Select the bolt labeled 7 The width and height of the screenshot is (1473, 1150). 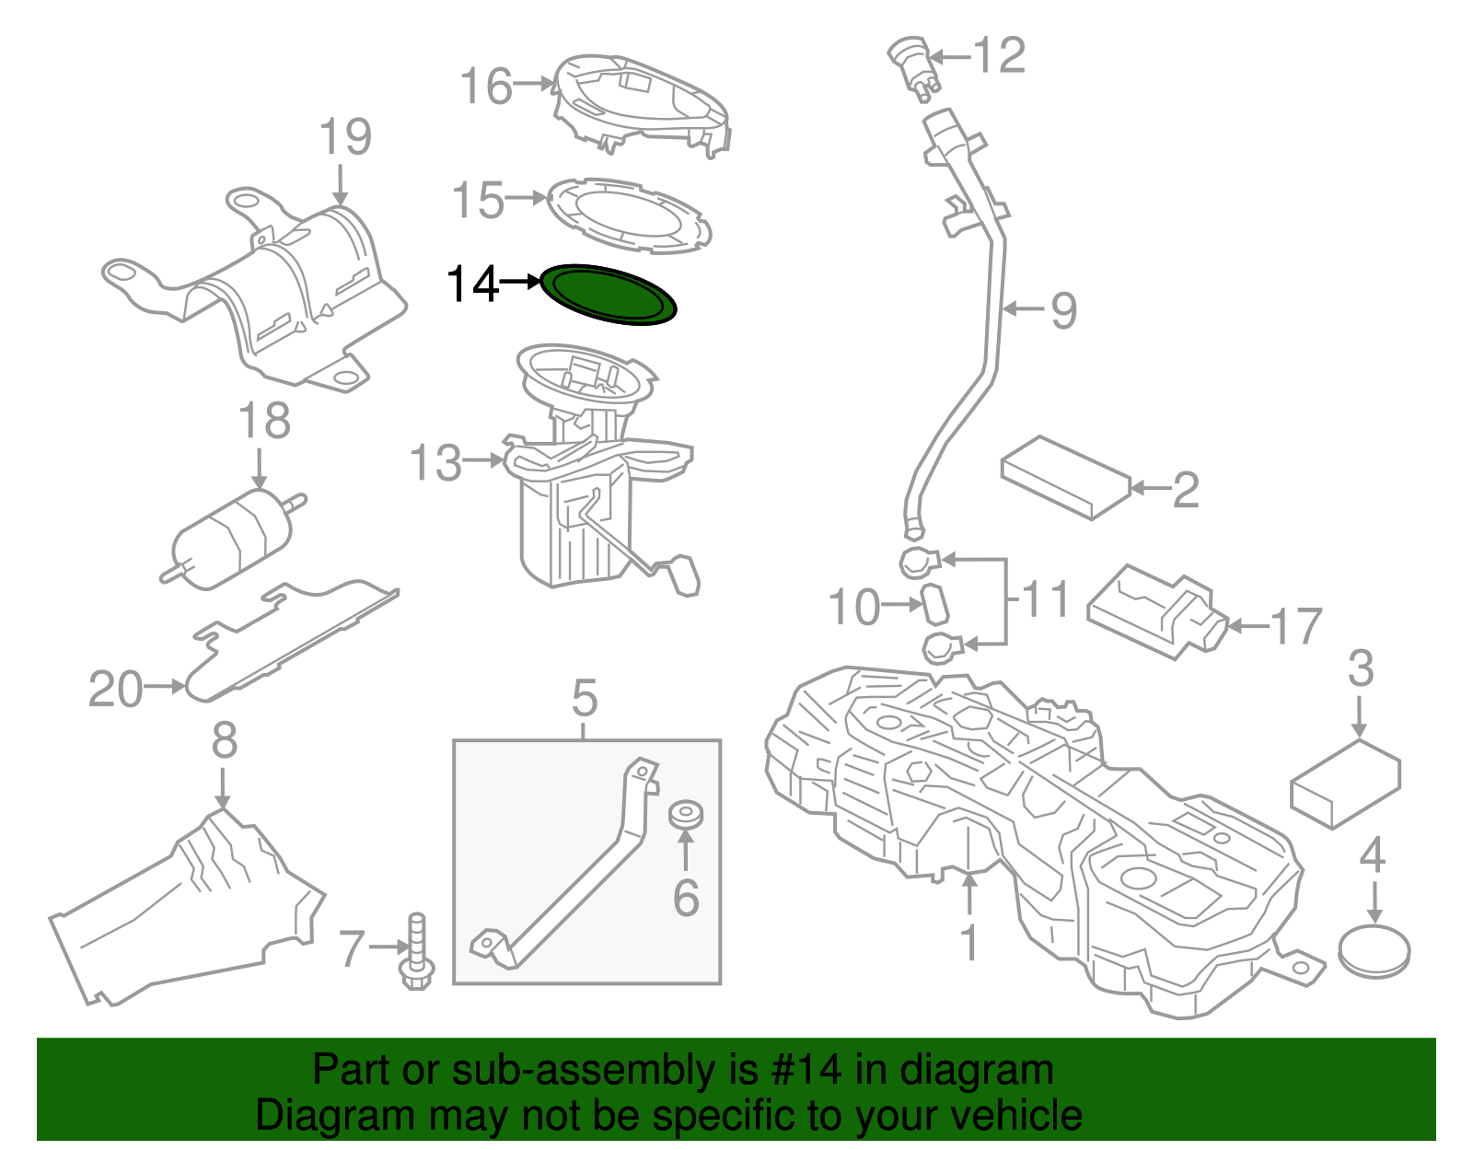(x=417, y=951)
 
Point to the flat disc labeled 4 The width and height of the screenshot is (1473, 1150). (x=1374, y=953)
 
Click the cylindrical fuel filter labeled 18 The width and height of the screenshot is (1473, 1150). (x=234, y=539)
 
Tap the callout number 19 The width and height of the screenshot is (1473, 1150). (x=345, y=136)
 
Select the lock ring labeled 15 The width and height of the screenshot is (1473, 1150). (x=629, y=216)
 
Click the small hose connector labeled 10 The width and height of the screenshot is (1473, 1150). (x=934, y=603)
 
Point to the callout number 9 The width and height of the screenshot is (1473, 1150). (x=1063, y=310)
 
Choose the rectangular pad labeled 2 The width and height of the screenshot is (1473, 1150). (x=1066, y=477)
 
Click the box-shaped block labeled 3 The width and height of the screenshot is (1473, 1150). (x=1346, y=784)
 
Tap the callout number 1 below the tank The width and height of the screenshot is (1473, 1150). (x=970, y=942)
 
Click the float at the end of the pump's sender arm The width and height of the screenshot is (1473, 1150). (x=686, y=575)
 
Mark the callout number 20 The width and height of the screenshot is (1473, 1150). (x=115, y=690)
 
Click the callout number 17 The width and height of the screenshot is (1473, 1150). (x=1296, y=626)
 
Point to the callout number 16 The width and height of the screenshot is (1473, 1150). (x=486, y=86)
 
